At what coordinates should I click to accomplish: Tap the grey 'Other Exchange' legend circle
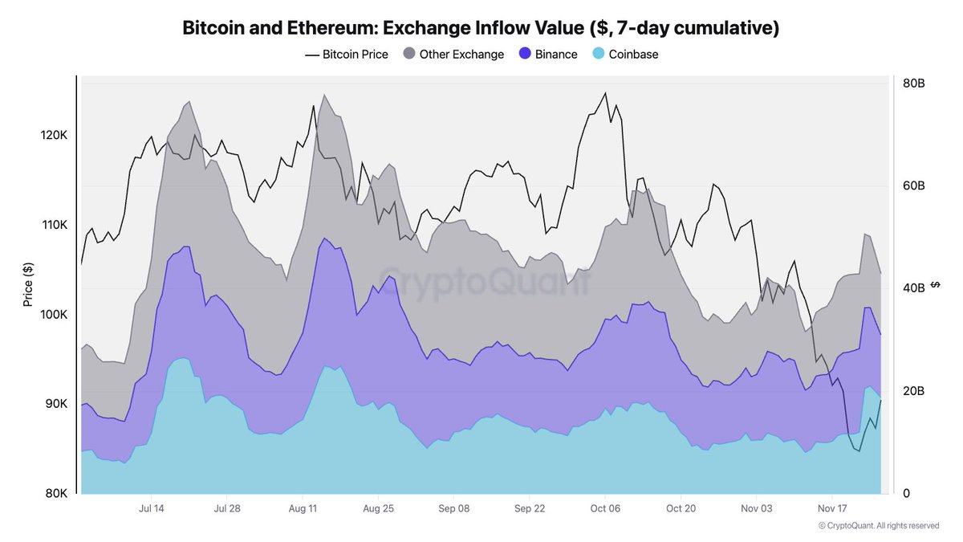(x=408, y=55)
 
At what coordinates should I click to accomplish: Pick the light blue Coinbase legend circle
(x=598, y=55)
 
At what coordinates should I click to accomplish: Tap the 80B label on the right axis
(x=914, y=84)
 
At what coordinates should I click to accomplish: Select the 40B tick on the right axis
(x=914, y=288)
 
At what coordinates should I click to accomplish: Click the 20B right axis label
(x=914, y=391)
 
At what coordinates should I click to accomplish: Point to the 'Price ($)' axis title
(x=28, y=284)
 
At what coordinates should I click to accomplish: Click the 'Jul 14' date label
(x=152, y=509)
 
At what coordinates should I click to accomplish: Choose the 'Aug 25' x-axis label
(x=377, y=509)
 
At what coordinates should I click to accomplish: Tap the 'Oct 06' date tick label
(x=604, y=509)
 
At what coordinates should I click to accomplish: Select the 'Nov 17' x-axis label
(x=831, y=509)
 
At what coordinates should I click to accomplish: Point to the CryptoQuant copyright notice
(x=878, y=526)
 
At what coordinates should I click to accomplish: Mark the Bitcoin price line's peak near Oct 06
(x=605, y=93)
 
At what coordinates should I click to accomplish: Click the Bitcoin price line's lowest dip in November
(x=859, y=451)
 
